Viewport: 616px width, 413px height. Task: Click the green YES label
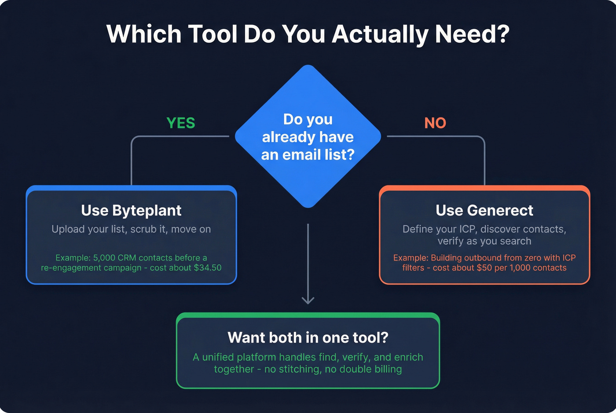180,123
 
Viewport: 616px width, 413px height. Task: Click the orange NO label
435,123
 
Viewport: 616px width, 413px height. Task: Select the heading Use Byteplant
131,210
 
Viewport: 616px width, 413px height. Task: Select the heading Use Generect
484,210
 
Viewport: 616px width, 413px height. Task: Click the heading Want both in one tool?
308,337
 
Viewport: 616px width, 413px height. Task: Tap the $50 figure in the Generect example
484,267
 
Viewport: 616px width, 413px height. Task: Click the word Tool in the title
213,34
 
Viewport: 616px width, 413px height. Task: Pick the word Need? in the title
472,34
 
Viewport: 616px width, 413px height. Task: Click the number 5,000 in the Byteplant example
104,258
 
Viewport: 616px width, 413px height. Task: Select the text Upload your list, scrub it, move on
131,229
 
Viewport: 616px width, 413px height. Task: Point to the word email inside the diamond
299,155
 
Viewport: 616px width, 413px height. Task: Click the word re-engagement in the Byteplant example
67,267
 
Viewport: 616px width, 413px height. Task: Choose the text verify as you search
484,241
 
